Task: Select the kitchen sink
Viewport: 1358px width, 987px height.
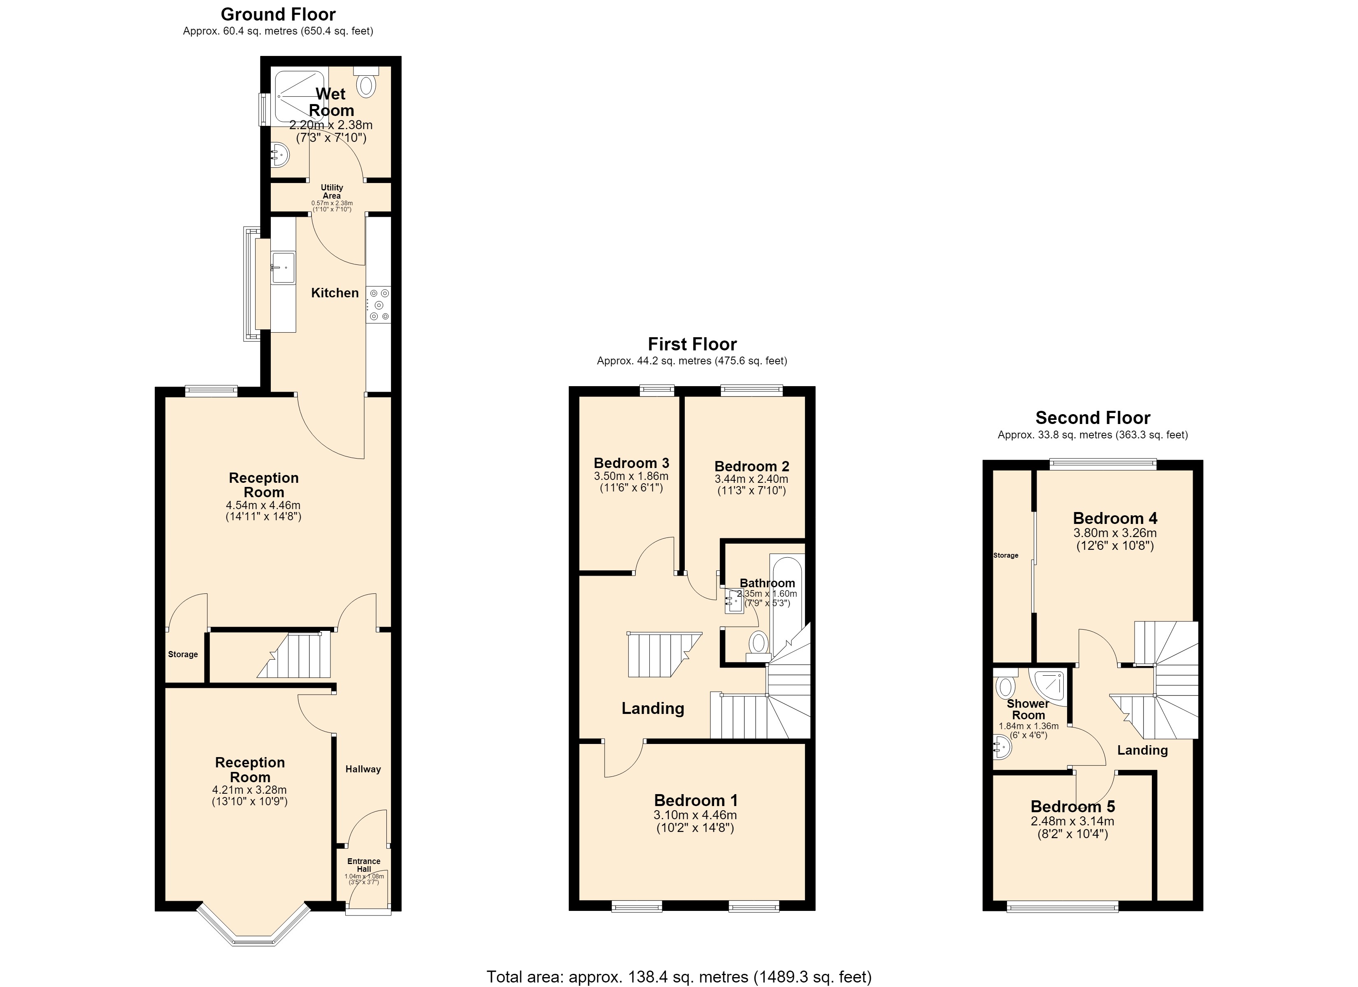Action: pyautogui.click(x=283, y=268)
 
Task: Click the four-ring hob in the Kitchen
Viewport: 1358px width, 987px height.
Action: pyautogui.click(x=379, y=304)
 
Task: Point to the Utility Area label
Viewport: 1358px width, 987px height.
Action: pyautogui.click(x=332, y=192)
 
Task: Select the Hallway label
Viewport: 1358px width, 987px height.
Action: pyautogui.click(x=363, y=769)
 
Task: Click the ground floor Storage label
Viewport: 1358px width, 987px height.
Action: pyautogui.click(x=183, y=654)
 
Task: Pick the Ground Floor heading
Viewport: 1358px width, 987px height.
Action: pyautogui.click(x=279, y=14)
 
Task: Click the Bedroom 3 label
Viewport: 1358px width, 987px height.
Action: pyautogui.click(x=631, y=463)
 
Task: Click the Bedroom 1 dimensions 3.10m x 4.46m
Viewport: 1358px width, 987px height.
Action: pyautogui.click(x=695, y=815)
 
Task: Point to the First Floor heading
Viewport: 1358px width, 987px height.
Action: pyautogui.click(x=692, y=344)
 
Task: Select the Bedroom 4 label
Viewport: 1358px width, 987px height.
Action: pyautogui.click(x=1115, y=518)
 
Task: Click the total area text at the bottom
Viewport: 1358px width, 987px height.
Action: pyautogui.click(x=679, y=977)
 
